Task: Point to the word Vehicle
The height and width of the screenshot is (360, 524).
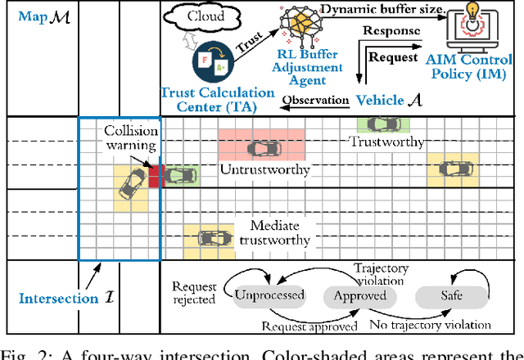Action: [x=379, y=100]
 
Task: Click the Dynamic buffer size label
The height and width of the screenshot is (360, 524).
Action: [x=379, y=8]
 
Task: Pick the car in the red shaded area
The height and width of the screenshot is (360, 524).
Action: [x=260, y=148]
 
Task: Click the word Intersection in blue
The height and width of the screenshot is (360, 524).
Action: [x=47, y=299]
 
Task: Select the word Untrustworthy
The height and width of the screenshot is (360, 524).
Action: [x=264, y=170]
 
